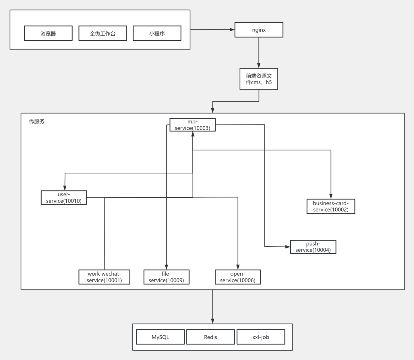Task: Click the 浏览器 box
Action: (48, 33)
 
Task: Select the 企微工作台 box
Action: (103, 33)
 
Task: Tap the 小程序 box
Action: (157, 33)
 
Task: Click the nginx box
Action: (259, 30)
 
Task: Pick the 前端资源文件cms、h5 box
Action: (259, 79)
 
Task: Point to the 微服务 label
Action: (37, 121)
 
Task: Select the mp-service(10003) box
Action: (193, 125)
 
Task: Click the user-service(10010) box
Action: (64, 197)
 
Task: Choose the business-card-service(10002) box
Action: (331, 206)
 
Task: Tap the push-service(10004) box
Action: (313, 247)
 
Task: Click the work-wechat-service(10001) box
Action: (104, 277)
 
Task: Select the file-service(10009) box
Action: (167, 277)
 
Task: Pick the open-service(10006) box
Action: (238, 277)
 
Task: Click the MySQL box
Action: (160, 337)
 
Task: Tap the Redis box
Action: (210, 337)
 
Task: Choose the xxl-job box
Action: (261, 337)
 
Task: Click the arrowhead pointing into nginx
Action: (232, 29)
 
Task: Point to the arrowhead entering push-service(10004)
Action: (288, 247)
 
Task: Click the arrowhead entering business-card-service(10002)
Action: (331, 196)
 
